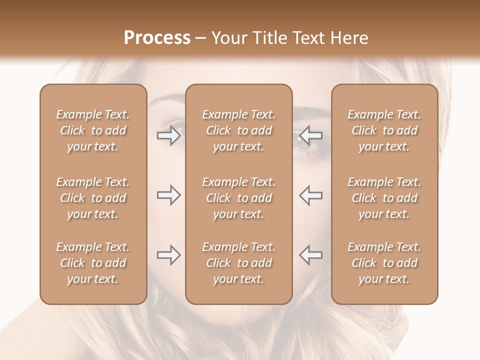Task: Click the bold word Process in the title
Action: tap(157, 38)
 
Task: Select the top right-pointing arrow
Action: tap(168, 135)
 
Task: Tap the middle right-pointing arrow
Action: tap(168, 195)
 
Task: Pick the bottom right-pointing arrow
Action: tap(168, 255)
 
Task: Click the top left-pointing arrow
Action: tap(311, 135)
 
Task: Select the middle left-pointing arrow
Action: tap(311, 195)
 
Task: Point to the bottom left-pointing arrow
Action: tap(311, 255)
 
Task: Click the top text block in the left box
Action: tap(93, 130)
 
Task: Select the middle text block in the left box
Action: tap(93, 198)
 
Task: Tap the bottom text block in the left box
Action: tap(93, 263)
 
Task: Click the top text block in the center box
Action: tap(239, 130)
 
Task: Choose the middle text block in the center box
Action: tap(239, 198)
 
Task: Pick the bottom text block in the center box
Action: tap(239, 263)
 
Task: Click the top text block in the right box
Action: tap(384, 130)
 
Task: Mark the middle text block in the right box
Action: tap(384, 198)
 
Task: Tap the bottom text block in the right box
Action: tap(384, 263)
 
